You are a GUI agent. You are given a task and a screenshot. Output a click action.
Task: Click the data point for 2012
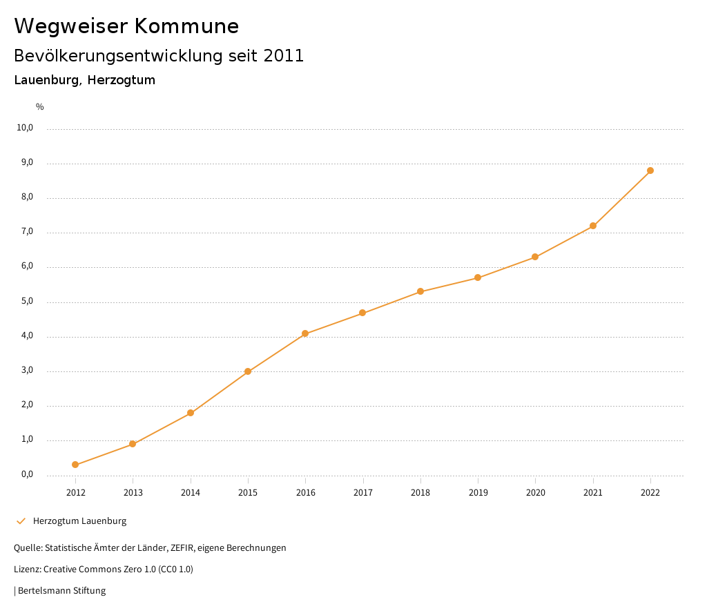(x=75, y=465)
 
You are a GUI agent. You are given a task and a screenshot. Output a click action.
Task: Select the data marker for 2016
(x=305, y=333)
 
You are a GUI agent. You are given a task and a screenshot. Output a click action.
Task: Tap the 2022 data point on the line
(x=650, y=171)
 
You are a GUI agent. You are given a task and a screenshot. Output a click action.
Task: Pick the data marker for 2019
(x=478, y=278)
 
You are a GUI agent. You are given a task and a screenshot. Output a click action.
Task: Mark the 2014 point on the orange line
(x=191, y=413)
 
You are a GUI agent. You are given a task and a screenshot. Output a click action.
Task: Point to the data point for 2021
(x=593, y=226)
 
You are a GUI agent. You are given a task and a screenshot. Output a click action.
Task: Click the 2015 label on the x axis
(x=248, y=492)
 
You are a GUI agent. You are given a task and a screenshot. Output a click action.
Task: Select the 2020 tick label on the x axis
(x=535, y=492)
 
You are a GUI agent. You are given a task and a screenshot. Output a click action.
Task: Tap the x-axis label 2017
(x=363, y=492)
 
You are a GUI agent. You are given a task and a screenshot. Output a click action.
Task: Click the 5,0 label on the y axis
(x=27, y=301)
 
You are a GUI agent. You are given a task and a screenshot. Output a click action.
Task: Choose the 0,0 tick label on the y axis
(x=27, y=474)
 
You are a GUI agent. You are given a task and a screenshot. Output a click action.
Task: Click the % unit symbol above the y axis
(x=40, y=106)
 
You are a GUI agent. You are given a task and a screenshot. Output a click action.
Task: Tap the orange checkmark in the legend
(x=21, y=520)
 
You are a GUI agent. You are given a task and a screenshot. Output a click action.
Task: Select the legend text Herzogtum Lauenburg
(x=79, y=520)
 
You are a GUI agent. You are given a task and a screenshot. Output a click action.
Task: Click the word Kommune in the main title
(x=186, y=26)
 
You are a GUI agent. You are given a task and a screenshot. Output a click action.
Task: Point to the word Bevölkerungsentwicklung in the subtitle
(x=119, y=56)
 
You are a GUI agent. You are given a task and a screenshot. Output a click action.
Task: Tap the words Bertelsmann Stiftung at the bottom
(x=61, y=590)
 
